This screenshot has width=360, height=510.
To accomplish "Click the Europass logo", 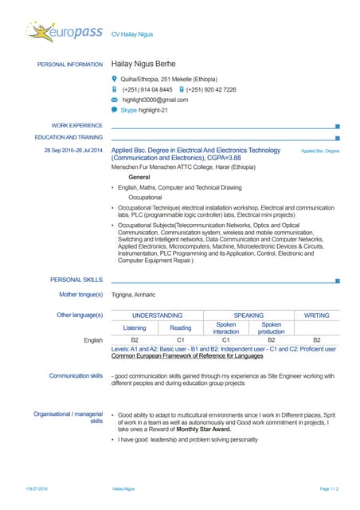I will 63,32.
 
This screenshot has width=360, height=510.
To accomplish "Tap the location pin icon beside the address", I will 115,80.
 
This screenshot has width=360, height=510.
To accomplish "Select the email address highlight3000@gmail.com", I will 155,100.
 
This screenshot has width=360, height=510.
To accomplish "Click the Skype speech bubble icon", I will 115,110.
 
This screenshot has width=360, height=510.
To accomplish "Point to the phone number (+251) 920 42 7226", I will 211,90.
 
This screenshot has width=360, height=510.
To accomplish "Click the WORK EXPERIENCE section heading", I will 76,126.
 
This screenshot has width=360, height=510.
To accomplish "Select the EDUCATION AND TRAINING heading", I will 68,137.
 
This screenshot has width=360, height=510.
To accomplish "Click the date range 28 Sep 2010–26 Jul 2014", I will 73,150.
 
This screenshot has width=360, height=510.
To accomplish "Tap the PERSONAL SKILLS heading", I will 76,280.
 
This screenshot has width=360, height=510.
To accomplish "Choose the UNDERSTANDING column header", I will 157,316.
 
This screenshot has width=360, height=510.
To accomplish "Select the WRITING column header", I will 315,316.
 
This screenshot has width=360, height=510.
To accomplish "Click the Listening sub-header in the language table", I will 135,328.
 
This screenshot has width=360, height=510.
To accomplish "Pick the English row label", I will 93,340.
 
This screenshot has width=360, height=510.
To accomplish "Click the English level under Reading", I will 180,340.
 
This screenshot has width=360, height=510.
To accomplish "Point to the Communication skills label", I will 76,375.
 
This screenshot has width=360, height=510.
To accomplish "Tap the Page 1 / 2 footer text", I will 329,488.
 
